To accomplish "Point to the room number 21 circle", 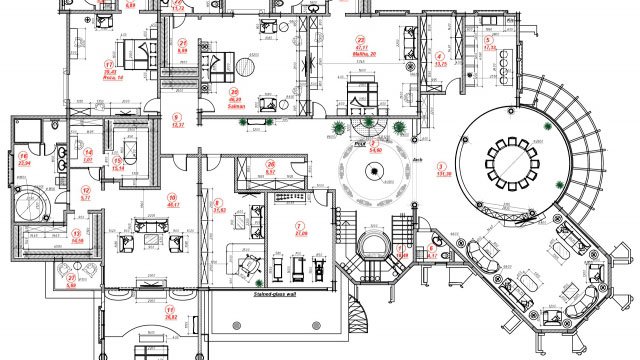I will [x=183, y=43].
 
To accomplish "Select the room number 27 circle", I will [x=71, y=277].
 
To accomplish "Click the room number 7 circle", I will [x=300, y=225].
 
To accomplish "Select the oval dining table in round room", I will [x=511, y=160].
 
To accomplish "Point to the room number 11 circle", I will [x=170, y=311].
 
